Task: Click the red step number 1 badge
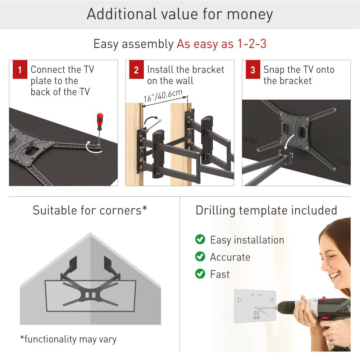click(20, 70)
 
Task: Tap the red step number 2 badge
click(136, 70)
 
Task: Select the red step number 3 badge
click(253, 70)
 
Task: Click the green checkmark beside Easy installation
click(200, 240)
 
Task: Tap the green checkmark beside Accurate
click(200, 257)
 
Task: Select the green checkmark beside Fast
click(200, 274)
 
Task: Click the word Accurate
click(230, 257)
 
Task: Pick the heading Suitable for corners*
click(90, 210)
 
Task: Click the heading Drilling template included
click(266, 210)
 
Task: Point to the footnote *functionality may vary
click(68, 339)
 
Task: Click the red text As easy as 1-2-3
click(221, 44)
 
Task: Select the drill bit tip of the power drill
click(256, 307)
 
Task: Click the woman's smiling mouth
click(335, 276)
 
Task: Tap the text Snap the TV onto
click(299, 69)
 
